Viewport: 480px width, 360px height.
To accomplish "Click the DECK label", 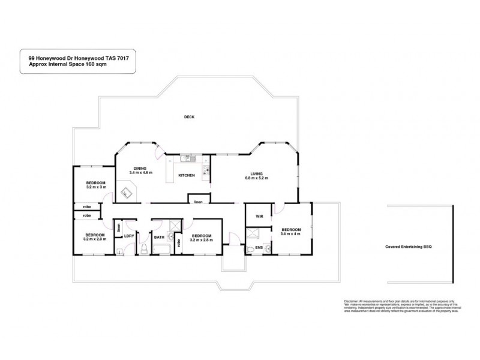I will [190, 118].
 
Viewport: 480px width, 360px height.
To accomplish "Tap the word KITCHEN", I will [186, 175].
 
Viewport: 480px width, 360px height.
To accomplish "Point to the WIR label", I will [260, 215].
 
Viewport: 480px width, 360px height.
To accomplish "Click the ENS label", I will [260, 247].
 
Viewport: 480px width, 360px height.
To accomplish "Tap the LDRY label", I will [128, 236].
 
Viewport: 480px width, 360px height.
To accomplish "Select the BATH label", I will [159, 238].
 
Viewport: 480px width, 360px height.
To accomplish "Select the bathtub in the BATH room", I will [160, 248].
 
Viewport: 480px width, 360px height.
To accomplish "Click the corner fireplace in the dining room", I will [127, 193].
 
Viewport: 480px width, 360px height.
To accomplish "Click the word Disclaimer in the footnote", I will [352, 301].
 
